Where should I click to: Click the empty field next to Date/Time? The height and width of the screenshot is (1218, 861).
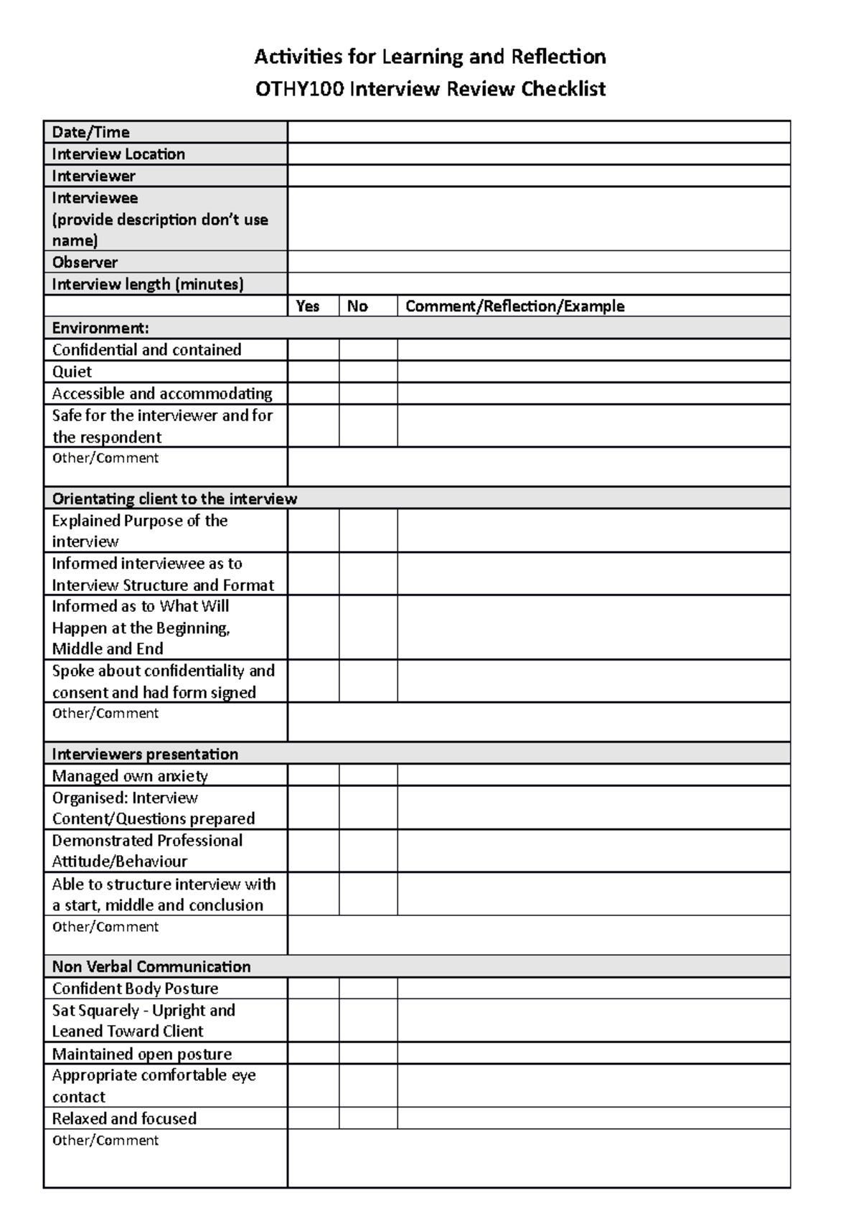click(538, 132)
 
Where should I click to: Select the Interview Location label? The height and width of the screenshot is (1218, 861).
click(118, 154)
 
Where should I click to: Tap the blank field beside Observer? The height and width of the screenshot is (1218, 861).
click(538, 262)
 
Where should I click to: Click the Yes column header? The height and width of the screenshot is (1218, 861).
click(308, 306)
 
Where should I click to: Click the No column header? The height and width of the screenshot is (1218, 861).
click(357, 306)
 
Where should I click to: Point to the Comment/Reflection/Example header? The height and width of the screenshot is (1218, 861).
click(514, 306)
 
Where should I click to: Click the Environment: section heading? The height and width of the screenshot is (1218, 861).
click(100, 329)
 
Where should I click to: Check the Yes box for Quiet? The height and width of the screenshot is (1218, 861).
click(314, 372)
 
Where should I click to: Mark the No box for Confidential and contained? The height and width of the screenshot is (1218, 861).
click(368, 350)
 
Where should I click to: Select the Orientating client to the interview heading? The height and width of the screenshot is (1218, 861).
click(174, 499)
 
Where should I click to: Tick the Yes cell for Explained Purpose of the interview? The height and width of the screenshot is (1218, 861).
click(314, 531)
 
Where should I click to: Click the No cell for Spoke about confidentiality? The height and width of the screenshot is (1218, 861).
click(368, 681)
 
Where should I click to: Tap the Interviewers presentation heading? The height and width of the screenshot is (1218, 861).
click(145, 754)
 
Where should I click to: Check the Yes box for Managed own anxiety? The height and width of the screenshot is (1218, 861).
click(314, 775)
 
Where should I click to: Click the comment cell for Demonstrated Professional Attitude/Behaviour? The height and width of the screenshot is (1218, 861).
click(593, 851)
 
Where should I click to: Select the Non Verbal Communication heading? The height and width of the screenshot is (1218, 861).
click(151, 966)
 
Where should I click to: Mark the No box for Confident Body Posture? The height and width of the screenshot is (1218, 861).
click(368, 988)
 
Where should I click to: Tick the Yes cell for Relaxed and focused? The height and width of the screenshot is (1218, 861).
click(314, 1118)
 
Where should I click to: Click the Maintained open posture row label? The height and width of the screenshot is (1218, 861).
click(142, 1054)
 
